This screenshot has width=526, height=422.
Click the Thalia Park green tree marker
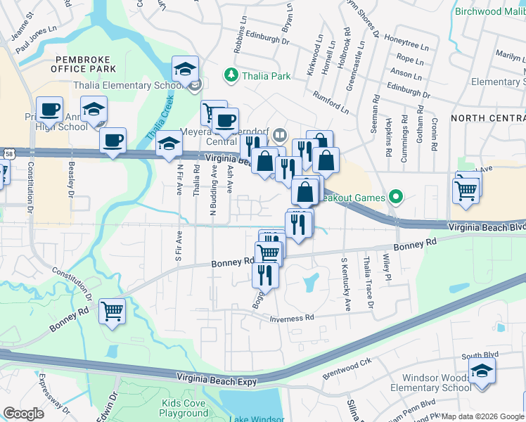230,74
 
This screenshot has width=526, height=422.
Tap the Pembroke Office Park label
84,64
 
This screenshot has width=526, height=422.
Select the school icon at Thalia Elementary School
186,69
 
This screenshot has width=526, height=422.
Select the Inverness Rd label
290,319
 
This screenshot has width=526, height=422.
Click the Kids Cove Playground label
184,408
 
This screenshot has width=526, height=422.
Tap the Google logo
23,414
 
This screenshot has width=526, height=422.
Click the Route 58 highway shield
8,153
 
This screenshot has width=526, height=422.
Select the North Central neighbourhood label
487,117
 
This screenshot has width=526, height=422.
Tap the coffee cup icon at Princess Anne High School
49,110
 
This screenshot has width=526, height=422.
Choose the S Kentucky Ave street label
346,285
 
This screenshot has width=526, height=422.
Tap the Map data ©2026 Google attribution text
482,416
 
